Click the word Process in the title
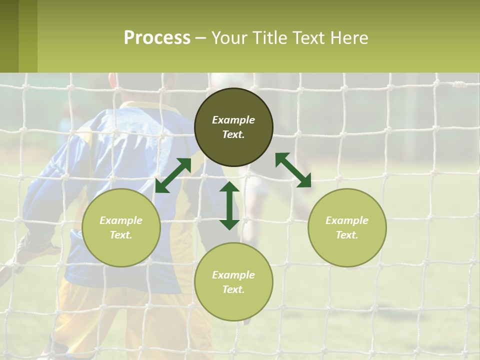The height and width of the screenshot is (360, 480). click(157, 38)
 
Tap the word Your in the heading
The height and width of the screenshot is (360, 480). click(228, 38)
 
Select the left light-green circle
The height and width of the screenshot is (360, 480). click(121, 227)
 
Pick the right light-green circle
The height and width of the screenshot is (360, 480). click(347, 227)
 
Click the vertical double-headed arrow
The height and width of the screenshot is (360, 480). click(229, 205)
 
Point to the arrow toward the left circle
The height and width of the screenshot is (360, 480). click(173, 175)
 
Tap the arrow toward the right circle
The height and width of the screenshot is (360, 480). click(293, 170)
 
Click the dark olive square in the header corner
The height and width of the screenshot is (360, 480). click(9, 36)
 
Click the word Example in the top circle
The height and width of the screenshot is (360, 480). click(233, 120)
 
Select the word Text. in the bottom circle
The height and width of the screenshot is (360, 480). click(233, 289)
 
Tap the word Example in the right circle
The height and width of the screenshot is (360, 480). click(347, 220)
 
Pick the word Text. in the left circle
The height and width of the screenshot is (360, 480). click(121, 235)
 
